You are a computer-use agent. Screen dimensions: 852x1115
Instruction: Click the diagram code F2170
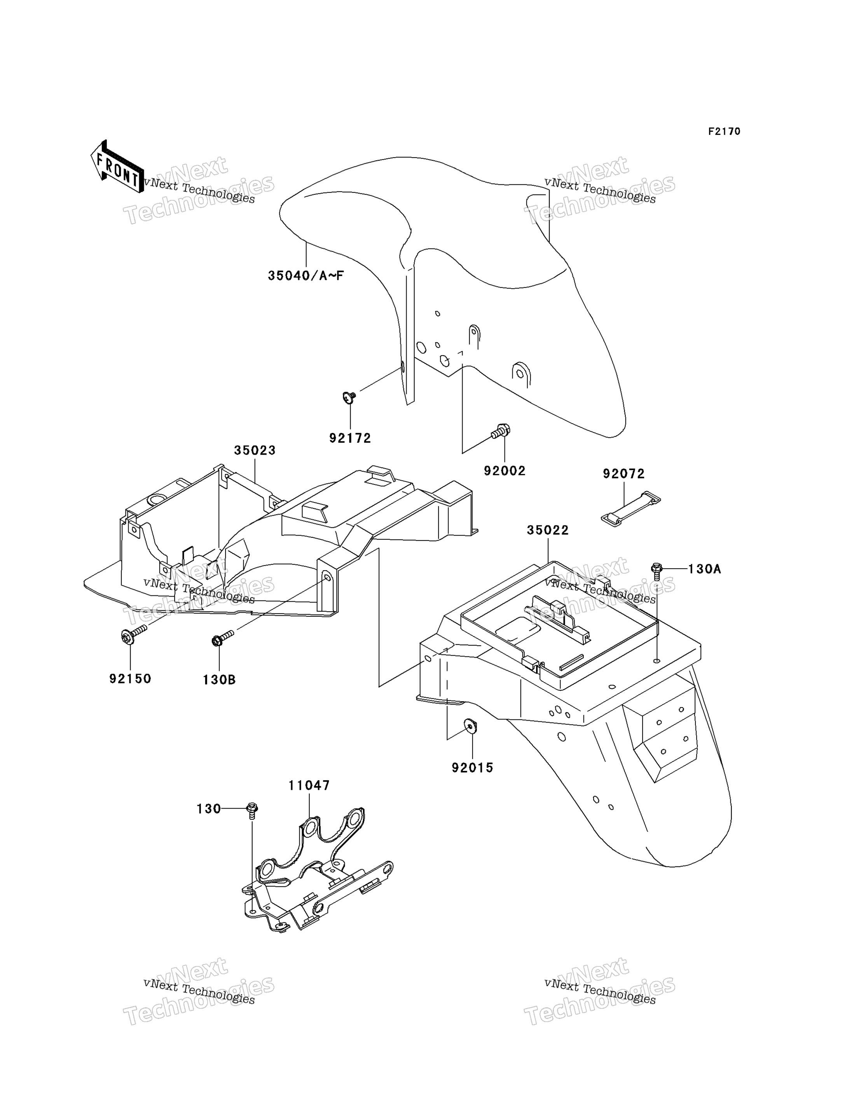[724, 131]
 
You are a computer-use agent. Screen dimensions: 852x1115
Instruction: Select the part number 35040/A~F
[306, 276]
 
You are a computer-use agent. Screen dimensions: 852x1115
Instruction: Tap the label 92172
[350, 438]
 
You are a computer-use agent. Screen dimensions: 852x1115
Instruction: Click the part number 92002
[505, 471]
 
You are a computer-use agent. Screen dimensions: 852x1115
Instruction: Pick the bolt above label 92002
[501, 431]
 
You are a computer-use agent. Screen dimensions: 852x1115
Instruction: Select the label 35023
[255, 450]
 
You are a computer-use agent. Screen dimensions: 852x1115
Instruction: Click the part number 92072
[624, 474]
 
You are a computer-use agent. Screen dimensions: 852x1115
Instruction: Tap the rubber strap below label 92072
[631, 509]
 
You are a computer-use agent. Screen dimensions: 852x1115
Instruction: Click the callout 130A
[704, 569]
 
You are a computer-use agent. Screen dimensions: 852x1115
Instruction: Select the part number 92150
[130, 679]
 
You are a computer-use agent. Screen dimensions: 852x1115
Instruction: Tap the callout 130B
[219, 679]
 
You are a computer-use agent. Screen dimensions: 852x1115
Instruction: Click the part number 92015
[473, 768]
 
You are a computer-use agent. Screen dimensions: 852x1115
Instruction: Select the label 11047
[309, 785]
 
